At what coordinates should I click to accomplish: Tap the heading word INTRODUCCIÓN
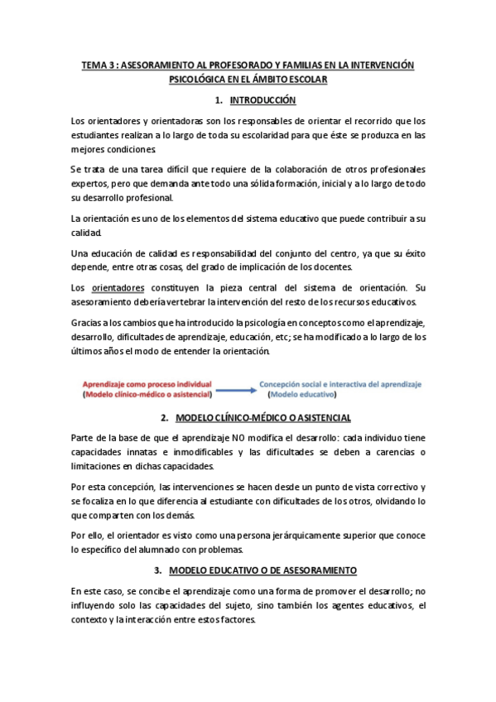click(262, 100)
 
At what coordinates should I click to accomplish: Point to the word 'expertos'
click(92, 182)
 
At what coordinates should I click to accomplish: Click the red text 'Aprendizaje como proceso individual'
click(147, 384)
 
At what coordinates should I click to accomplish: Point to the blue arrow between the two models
click(235, 391)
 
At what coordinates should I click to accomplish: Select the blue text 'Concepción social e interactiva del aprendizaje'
click(340, 384)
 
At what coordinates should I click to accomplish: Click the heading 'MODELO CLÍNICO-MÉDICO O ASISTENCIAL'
click(257, 419)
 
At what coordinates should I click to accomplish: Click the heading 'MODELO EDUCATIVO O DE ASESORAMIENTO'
click(262, 571)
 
